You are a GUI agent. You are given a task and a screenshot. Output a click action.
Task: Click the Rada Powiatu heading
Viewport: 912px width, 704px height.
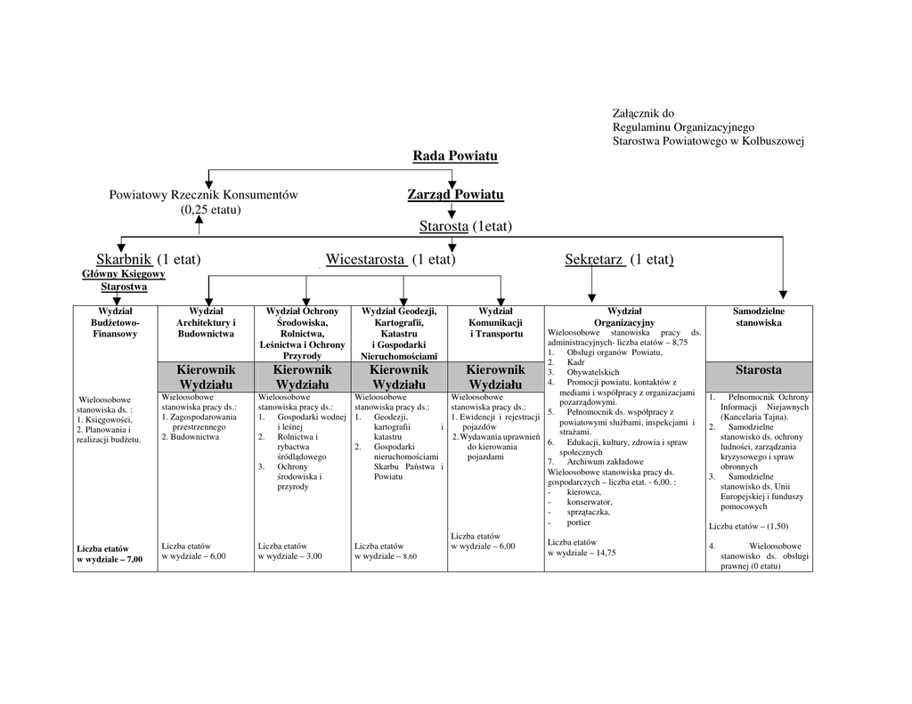[x=455, y=157]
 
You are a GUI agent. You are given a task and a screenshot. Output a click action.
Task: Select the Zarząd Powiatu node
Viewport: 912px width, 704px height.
[x=455, y=195]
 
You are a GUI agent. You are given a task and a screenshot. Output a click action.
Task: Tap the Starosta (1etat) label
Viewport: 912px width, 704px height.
[x=466, y=227]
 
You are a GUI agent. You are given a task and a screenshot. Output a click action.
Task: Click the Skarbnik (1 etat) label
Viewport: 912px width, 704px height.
[x=149, y=259]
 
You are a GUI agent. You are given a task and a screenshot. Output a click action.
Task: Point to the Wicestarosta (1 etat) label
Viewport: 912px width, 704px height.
[x=390, y=259]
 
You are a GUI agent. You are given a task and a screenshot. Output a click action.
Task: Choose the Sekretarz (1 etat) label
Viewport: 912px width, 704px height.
[x=619, y=259]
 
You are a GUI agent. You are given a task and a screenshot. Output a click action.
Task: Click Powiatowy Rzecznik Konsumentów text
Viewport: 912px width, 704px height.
[x=203, y=195]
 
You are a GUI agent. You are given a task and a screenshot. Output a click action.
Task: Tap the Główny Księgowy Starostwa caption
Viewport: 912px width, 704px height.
[x=124, y=280]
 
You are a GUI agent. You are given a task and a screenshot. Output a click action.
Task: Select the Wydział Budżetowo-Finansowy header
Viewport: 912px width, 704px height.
[x=115, y=322]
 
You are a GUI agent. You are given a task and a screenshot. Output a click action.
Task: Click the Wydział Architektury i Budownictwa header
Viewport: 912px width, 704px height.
[x=206, y=322]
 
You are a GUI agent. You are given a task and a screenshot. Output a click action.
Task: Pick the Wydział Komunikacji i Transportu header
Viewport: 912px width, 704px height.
[x=495, y=322]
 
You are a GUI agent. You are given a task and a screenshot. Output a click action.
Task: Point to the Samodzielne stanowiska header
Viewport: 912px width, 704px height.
[x=758, y=317]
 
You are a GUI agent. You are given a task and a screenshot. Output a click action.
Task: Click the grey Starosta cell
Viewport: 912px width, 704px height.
[x=758, y=370]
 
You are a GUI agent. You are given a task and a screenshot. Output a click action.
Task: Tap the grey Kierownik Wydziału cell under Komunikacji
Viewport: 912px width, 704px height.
[x=495, y=376]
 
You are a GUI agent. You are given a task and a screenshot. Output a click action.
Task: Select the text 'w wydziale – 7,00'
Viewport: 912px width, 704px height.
[x=110, y=560]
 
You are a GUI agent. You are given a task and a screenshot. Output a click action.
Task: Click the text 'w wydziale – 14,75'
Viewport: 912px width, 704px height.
[x=582, y=553]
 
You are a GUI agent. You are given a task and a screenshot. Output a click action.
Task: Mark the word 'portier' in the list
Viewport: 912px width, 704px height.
[x=579, y=522]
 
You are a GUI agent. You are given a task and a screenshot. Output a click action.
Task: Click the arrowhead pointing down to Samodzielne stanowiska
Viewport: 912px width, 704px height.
[x=783, y=295]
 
